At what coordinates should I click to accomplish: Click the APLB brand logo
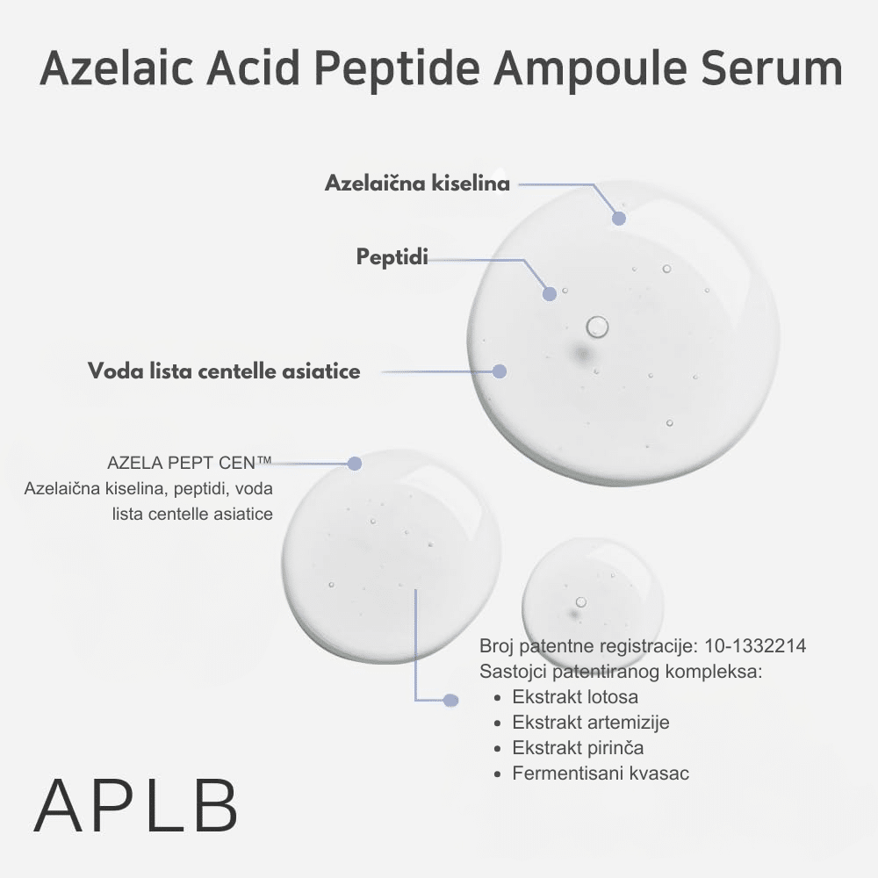coord(136,806)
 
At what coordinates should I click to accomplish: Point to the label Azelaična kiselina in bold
coord(417,184)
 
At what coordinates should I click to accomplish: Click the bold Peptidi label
coord(392,257)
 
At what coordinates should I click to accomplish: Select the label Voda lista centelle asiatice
coord(224,371)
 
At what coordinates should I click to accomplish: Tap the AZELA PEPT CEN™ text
coord(190,463)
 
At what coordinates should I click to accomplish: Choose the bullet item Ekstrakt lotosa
coord(575,697)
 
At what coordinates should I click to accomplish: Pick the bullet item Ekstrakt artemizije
coord(591,723)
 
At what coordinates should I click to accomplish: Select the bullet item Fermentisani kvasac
coord(601,774)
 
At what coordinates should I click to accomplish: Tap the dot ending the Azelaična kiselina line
coord(619,218)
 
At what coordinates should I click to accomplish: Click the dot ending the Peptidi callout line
coord(550,294)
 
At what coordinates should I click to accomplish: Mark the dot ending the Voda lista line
coord(500,371)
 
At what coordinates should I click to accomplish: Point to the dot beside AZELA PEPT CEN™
coord(355,464)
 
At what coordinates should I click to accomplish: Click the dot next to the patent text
coord(451,700)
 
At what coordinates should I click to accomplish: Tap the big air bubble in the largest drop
coord(597,327)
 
